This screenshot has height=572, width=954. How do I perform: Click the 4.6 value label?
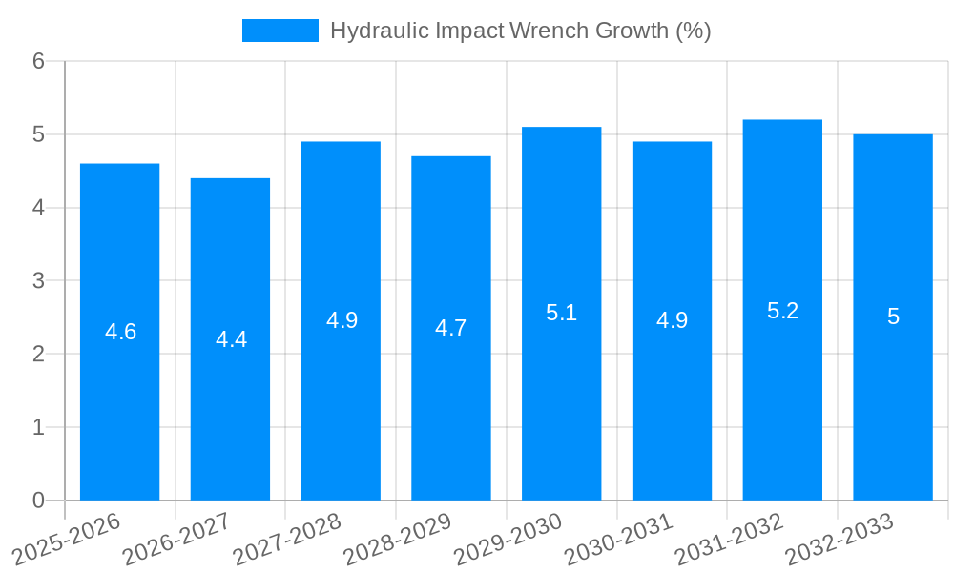pos(121,332)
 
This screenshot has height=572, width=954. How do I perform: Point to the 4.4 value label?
pos(231,339)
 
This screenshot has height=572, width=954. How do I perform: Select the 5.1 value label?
pos(561,313)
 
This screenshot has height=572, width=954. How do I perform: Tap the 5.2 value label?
pos(782,311)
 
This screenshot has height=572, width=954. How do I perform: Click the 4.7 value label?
pos(450,328)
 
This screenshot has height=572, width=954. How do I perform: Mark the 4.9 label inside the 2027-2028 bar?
pos(342,320)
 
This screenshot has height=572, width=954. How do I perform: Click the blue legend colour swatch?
pos(280,31)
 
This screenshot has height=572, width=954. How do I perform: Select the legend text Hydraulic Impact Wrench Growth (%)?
pos(520,31)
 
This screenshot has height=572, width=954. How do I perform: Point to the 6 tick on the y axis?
pos(38,61)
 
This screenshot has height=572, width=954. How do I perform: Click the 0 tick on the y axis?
pos(38,500)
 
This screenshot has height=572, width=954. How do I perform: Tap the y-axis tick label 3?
pos(38,281)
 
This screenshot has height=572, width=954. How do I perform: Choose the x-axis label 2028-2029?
pos(398,539)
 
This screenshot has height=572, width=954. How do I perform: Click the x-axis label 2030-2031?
pos(619,539)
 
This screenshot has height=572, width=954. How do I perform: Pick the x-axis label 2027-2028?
pos(287,539)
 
